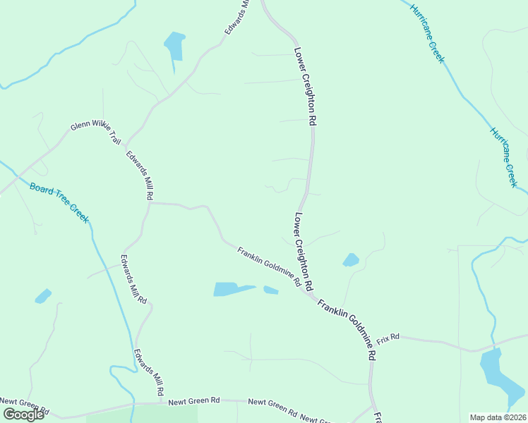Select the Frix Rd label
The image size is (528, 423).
click(x=388, y=338)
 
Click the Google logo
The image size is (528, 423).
click(x=23, y=415)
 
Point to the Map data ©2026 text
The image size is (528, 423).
click(x=498, y=417)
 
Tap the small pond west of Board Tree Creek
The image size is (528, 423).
click(x=43, y=295)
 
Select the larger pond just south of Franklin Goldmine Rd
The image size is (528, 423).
click(x=232, y=289)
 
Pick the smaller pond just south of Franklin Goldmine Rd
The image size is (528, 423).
click(x=270, y=290)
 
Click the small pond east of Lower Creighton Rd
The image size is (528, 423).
click(x=351, y=260)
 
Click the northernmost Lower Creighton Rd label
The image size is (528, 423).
click(x=306, y=87)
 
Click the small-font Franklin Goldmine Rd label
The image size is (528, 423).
click(x=269, y=267)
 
